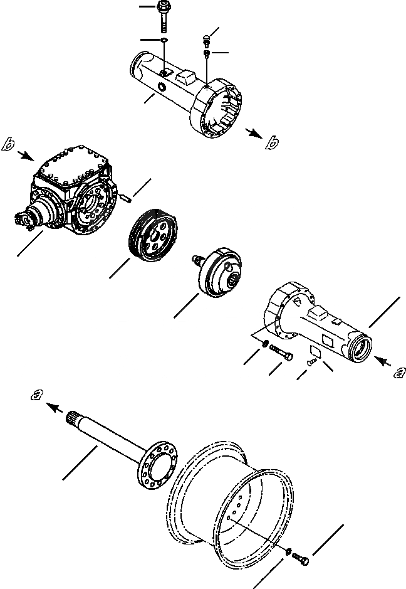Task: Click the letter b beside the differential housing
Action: (9, 144)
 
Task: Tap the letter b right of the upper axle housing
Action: (271, 144)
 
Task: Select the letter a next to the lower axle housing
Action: (397, 373)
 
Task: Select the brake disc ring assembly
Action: (153, 236)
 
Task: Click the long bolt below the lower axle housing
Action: (281, 354)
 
